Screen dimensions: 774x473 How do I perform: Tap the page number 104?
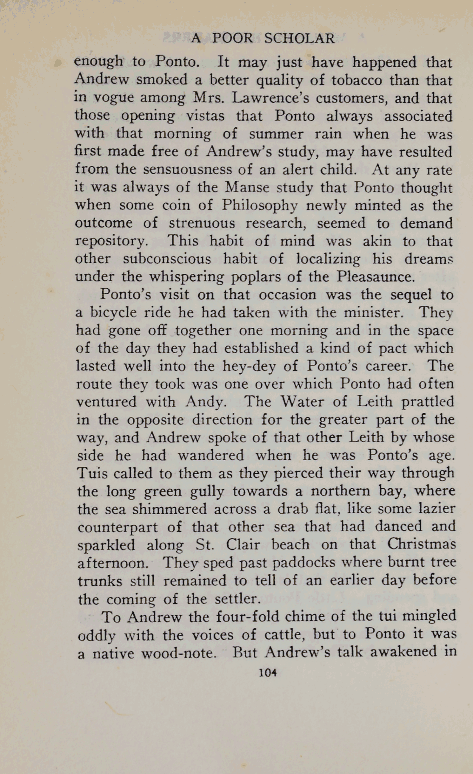coord(267,672)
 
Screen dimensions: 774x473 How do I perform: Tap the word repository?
coord(112,241)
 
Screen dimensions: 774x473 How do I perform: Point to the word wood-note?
coord(176,652)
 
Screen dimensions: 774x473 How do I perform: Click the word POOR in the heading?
coord(232,39)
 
